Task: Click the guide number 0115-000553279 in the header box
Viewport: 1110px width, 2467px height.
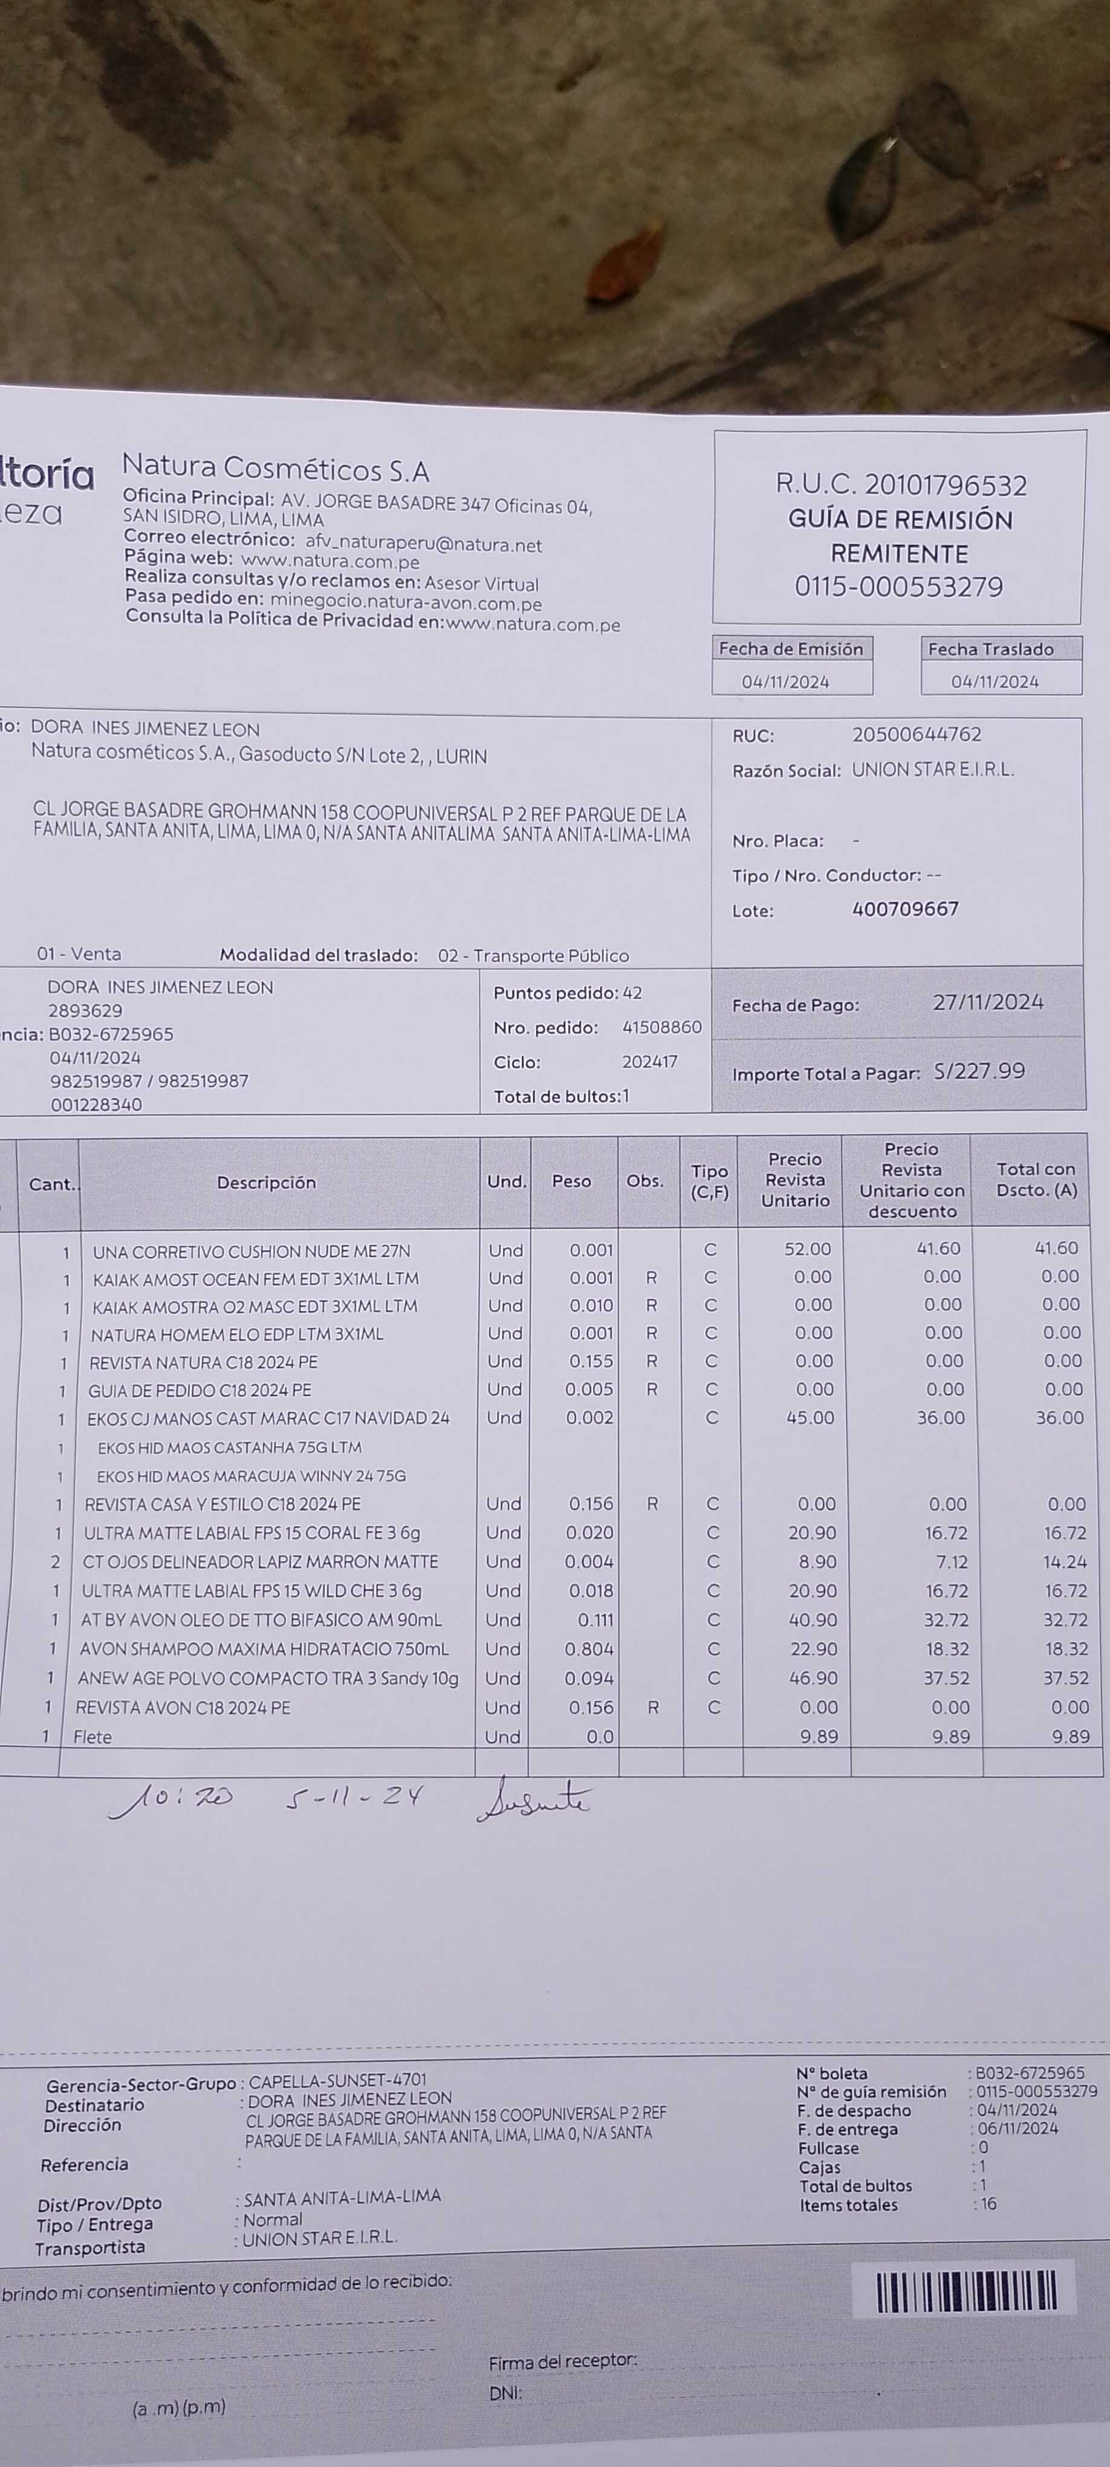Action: [898, 586]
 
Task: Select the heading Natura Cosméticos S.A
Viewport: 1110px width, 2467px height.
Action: [276, 469]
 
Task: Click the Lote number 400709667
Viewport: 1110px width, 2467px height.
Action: [905, 909]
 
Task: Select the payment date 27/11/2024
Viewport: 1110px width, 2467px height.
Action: [987, 1002]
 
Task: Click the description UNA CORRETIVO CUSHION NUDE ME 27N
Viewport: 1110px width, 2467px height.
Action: [251, 1252]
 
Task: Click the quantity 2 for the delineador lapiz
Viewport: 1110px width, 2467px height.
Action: [56, 1562]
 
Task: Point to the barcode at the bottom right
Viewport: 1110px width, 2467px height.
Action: [966, 2292]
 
